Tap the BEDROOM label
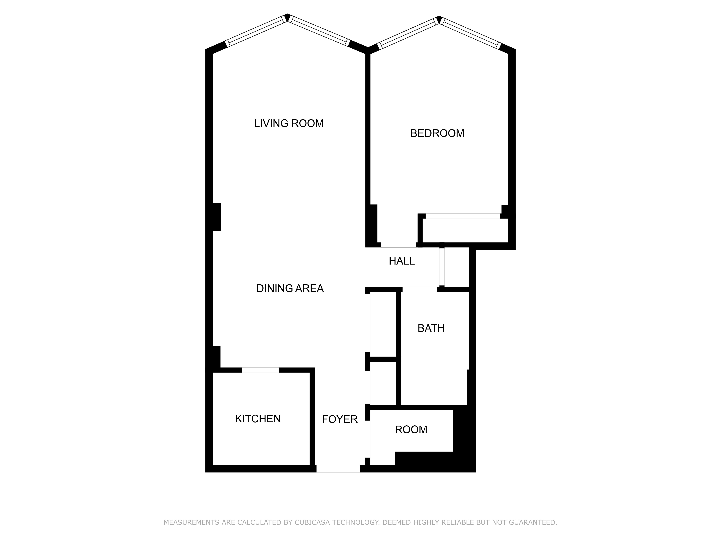tap(437, 133)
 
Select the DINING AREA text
tap(290, 289)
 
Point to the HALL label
tap(402, 261)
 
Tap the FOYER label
tap(340, 419)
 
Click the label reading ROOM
tap(411, 430)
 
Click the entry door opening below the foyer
tap(338, 469)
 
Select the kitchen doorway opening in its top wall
tap(260, 370)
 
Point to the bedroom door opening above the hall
tap(399, 245)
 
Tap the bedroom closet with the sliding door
tap(465, 230)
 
